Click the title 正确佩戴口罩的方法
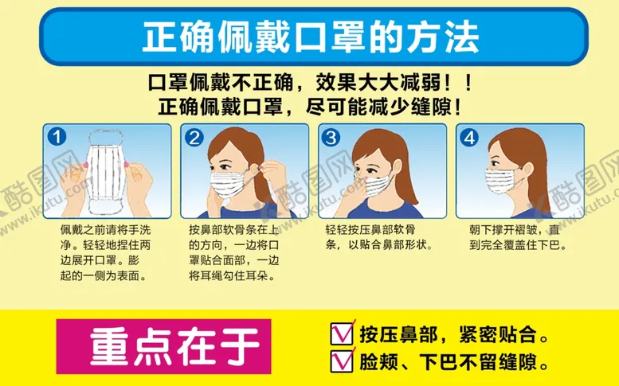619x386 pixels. [310, 36]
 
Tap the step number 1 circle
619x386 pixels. [56, 137]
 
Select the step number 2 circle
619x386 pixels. [194, 137]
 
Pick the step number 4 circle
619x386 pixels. [469, 137]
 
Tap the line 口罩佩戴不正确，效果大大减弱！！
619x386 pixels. [311, 83]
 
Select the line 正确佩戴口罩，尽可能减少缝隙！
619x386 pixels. [311, 106]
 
